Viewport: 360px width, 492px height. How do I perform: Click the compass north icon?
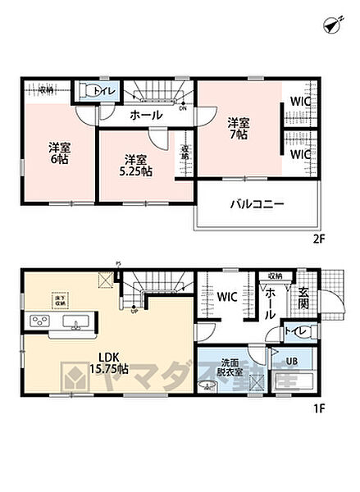coord(330,25)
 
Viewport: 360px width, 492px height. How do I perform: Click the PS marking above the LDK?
coord(118,264)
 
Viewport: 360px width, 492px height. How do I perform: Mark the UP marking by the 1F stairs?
coord(133,311)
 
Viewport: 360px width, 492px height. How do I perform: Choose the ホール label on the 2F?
coord(145,116)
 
